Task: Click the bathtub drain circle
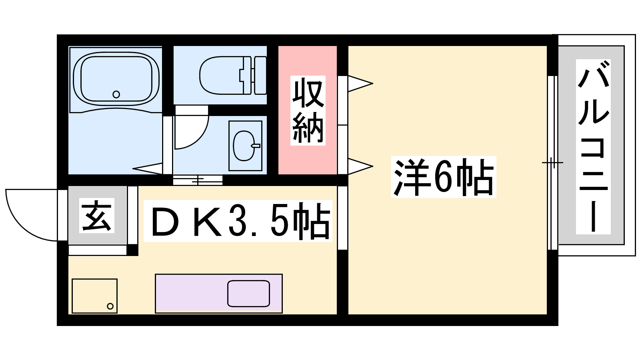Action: (x=116, y=94)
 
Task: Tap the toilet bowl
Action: (x=222, y=76)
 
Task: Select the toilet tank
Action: (x=260, y=76)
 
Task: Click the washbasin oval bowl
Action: (x=244, y=146)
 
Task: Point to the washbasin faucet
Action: (x=256, y=146)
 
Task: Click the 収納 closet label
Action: (x=308, y=110)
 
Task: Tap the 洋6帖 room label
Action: (x=444, y=177)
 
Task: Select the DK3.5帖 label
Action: (x=238, y=221)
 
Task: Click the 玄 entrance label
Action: (x=96, y=216)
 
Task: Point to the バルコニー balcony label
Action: (x=593, y=146)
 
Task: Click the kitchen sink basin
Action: (x=248, y=294)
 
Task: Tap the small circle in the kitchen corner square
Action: (x=110, y=306)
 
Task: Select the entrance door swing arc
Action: (x=20, y=226)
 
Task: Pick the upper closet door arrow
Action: (x=360, y=84)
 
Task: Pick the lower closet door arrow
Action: (x=360, y=166)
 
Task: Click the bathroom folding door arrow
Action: (x=148, y=168)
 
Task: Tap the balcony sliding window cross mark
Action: (x=552, y=163)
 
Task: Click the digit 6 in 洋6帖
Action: (x=442, y=177)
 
